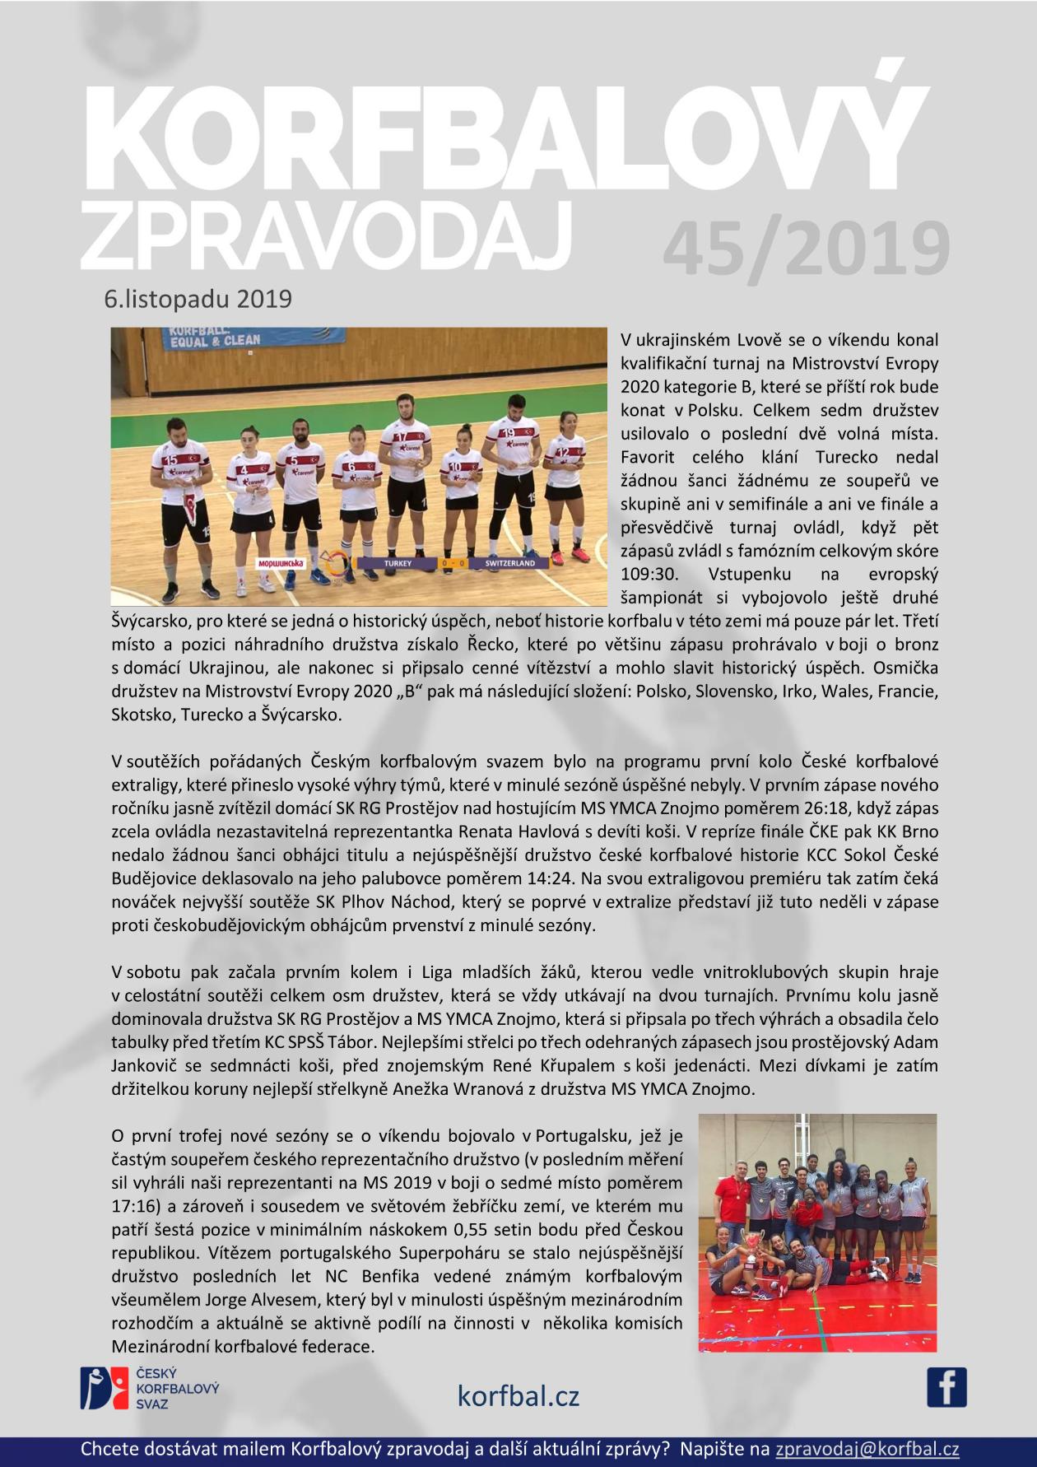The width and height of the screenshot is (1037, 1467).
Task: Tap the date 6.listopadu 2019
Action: pyautogui.click(x=198, y=298)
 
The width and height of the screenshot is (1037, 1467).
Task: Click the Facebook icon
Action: pyautogui.click(x=946, y=1387)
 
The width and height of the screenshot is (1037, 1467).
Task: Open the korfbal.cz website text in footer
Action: pyautogui.click(x=518, y=1395)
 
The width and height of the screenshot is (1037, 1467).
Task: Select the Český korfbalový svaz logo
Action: pyautogui.click(x=149, y=1388)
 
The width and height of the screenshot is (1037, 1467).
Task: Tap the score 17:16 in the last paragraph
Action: pyautogui.click(x=133, y=1206)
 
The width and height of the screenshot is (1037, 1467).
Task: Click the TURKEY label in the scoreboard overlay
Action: pyautogui.click(x=398, y=564)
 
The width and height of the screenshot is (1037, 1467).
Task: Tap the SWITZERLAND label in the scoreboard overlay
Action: pyautogui.click(x=509, y=564)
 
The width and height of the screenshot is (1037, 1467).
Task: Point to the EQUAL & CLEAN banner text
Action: pyautogui.click(x=214, y=339)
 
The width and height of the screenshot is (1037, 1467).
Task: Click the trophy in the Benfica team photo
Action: pyautogui.click(x=749, y=1243)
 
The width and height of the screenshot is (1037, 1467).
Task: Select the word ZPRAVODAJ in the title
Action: pyautogui.click(x=326, y=235)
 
